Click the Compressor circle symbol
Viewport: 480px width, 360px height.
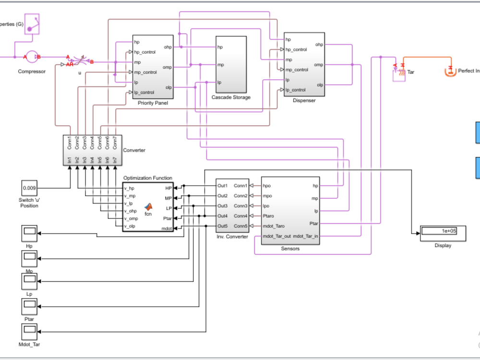click(32, 57)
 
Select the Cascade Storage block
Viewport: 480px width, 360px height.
click(231, 64)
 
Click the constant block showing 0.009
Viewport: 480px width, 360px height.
click(29, 188)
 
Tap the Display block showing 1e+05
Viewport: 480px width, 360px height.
click(439, 231)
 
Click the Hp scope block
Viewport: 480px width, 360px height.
click(29, 233)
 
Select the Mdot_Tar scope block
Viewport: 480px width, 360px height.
click(29, 332)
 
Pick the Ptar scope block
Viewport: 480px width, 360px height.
click(29, 306)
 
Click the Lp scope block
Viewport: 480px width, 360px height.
click(29, 281)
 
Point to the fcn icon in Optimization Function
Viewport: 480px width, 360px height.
click(148, 207)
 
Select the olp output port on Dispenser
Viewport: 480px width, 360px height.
click(319, 85)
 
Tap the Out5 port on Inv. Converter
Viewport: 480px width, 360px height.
click(222, 226)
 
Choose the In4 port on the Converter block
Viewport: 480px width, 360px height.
click(92, 160)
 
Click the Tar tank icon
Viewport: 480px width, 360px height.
click(399, 74)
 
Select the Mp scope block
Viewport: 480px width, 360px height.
click(29, 258)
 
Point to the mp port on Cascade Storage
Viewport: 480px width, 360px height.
click(220, 65)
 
